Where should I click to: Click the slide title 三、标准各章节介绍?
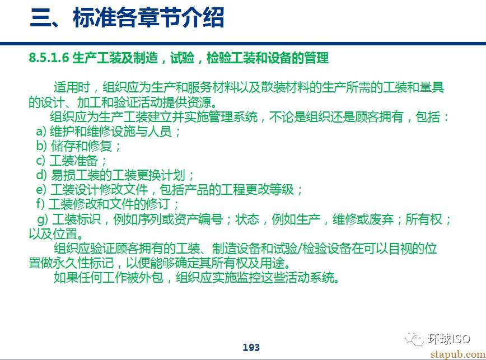(127, 18)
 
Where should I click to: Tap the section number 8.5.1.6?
(49, 58)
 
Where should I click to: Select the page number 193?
(251, 347)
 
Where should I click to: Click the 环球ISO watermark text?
(449, 339)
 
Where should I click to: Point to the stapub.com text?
(458, 354)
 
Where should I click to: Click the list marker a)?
(41, 132)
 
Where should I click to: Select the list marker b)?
(41, 146)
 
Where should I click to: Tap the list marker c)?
(41, 161)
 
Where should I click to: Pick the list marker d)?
(41, 175)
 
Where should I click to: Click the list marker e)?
(41, 190)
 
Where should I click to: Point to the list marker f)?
(40, 204)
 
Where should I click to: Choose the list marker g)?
(43, 219)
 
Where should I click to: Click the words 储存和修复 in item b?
(81, 146)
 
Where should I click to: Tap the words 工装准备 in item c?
(74, 161)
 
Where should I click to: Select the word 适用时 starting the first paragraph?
(72, 87)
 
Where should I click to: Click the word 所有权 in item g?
(424, 219)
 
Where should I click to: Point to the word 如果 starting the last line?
(66, 277)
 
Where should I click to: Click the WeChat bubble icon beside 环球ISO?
(414, 339)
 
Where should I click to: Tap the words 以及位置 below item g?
(53, 234)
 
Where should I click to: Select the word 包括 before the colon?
(428, 117)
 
